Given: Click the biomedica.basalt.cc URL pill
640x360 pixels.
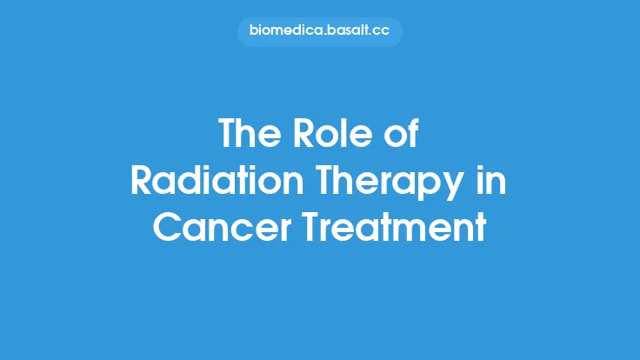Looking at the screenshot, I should click(x=320, y=32).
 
